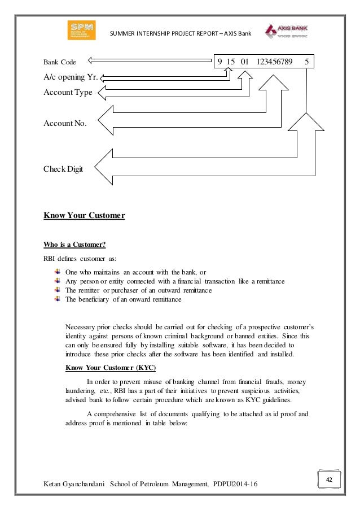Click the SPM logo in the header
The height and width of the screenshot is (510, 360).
[81, 30]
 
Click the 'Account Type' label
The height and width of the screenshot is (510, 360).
[68, 93]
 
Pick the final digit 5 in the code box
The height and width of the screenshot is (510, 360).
[306, 62]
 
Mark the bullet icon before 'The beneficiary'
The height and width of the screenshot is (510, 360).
[57, 300]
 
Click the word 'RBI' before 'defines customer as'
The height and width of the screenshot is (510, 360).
[50, 259]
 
